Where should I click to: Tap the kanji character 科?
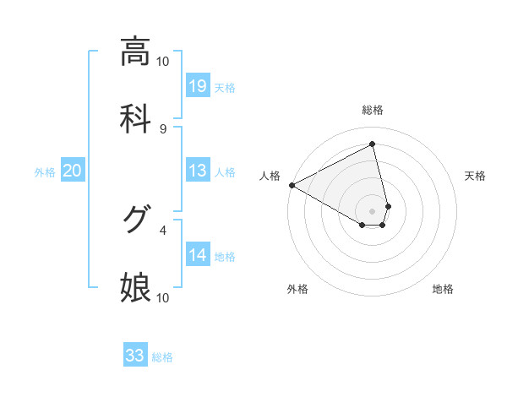click(x=135, y=117)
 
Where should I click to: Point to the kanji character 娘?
click(x=135, y=287)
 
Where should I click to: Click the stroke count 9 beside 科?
click(x=163, y=128)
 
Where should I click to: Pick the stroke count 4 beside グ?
click(x=163, y=229)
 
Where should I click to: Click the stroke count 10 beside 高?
click(x=163, y=62)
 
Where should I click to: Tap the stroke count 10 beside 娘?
click(x=163, y=297)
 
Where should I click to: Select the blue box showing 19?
click(x=198, y=86)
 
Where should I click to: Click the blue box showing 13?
click(x=198, y=171)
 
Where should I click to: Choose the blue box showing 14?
click(x=198, y=255)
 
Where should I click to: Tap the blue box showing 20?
click(x=72, y=171)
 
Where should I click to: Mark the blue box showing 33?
click(x=135, y=356)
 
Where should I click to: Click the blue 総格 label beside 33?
click(x=162, y=357)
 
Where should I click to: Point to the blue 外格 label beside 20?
click(x=45, y=172)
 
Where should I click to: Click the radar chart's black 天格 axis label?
click(x=476, y=176)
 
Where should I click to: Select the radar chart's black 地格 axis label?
click(x=443, y=289)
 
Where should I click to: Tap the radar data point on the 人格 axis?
click(x=292, y=184)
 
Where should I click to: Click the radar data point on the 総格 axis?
click(x=372, y=144)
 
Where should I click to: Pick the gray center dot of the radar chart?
click(x=372, y=209)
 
